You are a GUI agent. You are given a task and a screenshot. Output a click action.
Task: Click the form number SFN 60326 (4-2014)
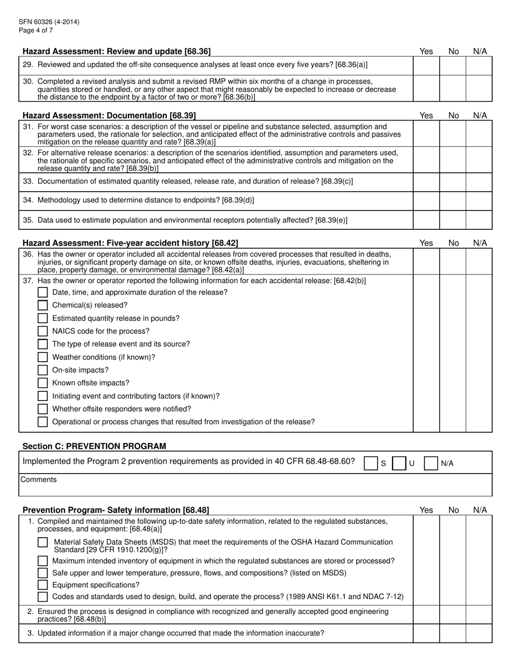(x=49, y=22)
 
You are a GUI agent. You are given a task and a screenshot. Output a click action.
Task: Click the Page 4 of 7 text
(x=36, y=30)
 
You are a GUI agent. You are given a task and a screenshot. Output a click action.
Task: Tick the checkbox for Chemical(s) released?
(x=43, y=305)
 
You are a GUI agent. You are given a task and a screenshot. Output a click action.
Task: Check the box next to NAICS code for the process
(x=43, y=331)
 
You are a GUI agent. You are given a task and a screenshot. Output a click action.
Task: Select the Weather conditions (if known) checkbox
(x=43, y=357)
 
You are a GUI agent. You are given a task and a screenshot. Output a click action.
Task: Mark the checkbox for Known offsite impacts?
(x=43, y=383)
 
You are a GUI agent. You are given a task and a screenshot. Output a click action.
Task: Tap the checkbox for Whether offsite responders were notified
(x=43, y=409)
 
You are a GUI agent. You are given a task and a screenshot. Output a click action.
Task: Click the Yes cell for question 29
(x=426, y=65)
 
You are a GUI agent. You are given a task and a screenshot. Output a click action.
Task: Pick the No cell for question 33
(x=452, y=182)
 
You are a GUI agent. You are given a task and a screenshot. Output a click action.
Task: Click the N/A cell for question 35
(x=479, y=220)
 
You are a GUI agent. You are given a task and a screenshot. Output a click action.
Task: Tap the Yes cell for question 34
(x=426, y=201)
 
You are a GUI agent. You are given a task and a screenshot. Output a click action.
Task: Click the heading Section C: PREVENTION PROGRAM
(x=94, y=446)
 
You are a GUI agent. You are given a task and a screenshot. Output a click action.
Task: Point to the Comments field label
(x=38, y=480)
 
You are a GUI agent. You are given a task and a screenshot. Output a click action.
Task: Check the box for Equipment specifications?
(x=43, y=585)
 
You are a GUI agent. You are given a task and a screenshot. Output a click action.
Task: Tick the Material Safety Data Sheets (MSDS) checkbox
(x=43, y=543)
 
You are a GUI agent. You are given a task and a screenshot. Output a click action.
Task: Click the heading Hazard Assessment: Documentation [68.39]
(x=109, y=115)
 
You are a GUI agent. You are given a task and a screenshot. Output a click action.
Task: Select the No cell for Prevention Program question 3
(x=452, y=633)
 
